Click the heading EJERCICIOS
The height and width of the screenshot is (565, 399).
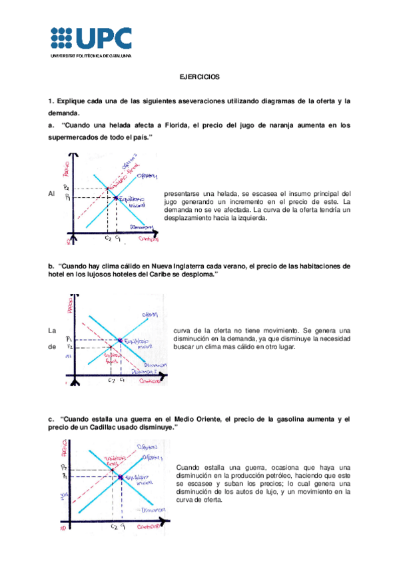coord(200,77)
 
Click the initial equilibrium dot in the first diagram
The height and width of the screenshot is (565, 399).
coord(116,198)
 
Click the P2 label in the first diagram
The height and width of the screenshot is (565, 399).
coord(67,189)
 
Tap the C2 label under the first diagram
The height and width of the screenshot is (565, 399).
coord(108,238)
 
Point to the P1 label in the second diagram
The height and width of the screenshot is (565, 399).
coord(69,339)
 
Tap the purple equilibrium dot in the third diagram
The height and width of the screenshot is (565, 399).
coord(120,477)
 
